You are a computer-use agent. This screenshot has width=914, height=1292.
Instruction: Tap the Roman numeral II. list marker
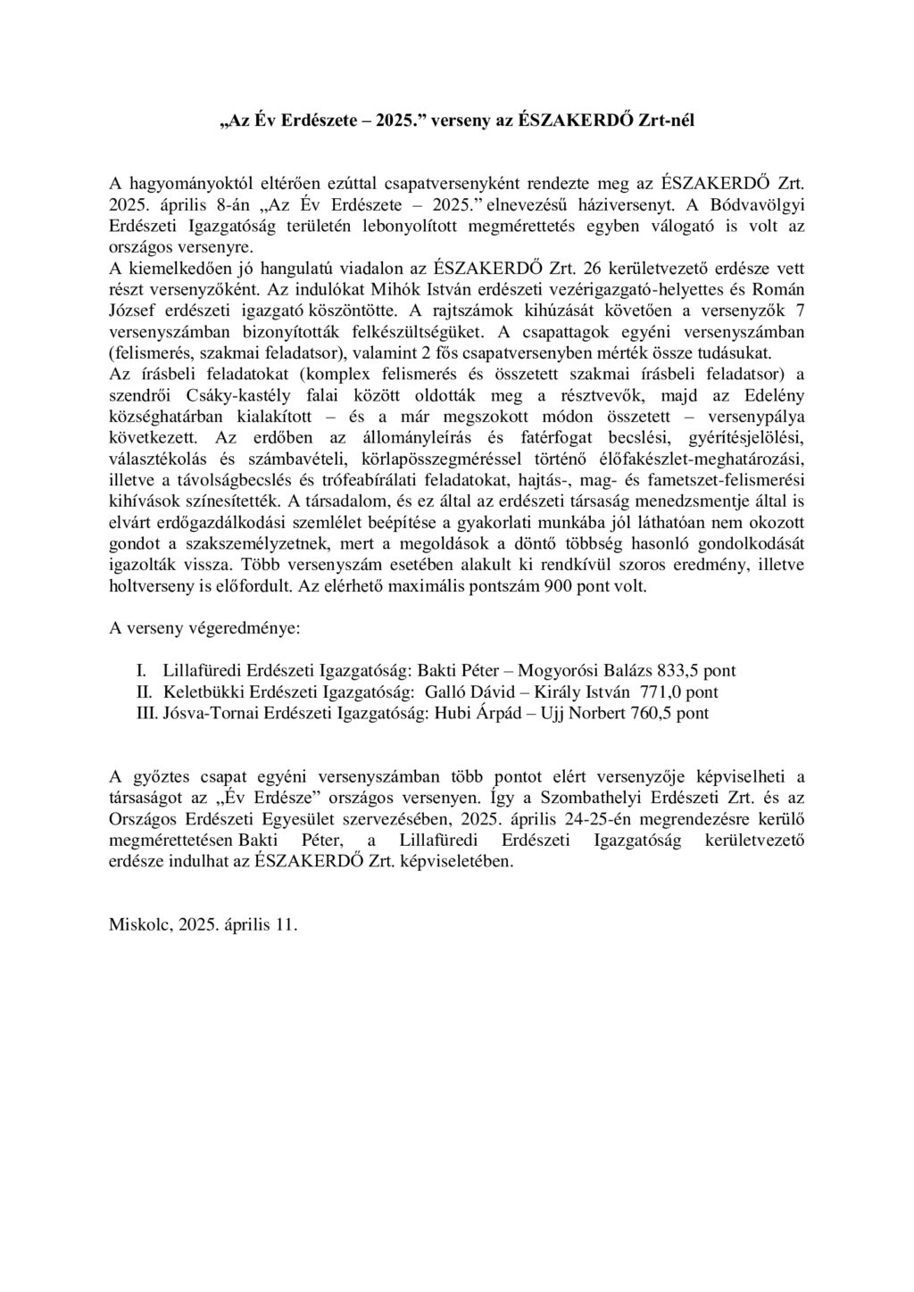[x=145, y=692]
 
